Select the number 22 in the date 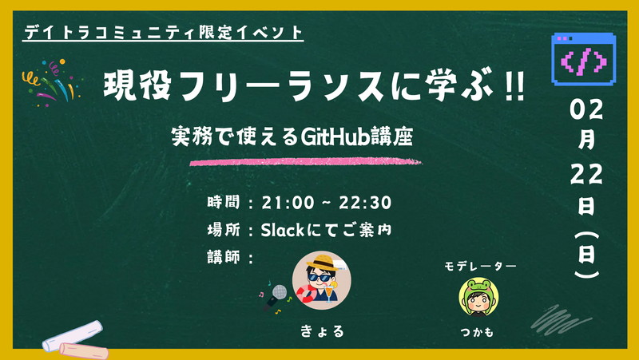tap(587, 174)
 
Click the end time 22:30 tap(363, 203)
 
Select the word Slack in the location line tap(284, 230)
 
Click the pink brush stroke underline tap(304, 161)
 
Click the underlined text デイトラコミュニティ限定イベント tap(164, 34)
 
